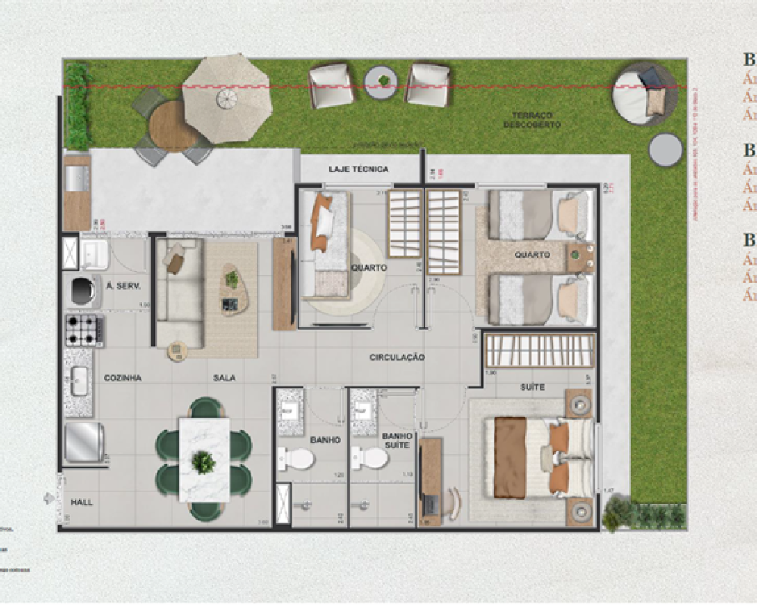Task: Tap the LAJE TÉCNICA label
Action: pos(358,169)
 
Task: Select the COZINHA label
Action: pos(123,377)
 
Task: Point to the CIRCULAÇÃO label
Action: pos(397,357)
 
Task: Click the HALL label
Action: pos(81,501)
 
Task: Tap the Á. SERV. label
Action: pos(121,286)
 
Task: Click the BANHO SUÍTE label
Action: pos(397,440)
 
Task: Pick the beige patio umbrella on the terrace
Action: pos(226,96)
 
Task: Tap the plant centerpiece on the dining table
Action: pos(203,461)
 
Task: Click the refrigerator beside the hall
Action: pos(83,442)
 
